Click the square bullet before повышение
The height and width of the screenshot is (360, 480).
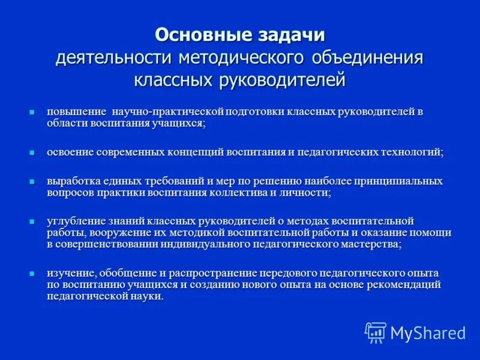click(x=33, y=112)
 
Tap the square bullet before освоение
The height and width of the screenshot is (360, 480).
click(x=33, y=152)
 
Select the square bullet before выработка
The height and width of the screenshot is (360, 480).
click(x=33, y=181)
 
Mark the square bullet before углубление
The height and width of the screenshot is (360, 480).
click(x=33, y=221)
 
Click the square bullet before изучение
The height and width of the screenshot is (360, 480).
click(x=33, y=273)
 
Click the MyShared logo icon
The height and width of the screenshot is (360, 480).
click(x=375, y=332)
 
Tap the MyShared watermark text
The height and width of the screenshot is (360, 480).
click(x=428, y=332)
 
